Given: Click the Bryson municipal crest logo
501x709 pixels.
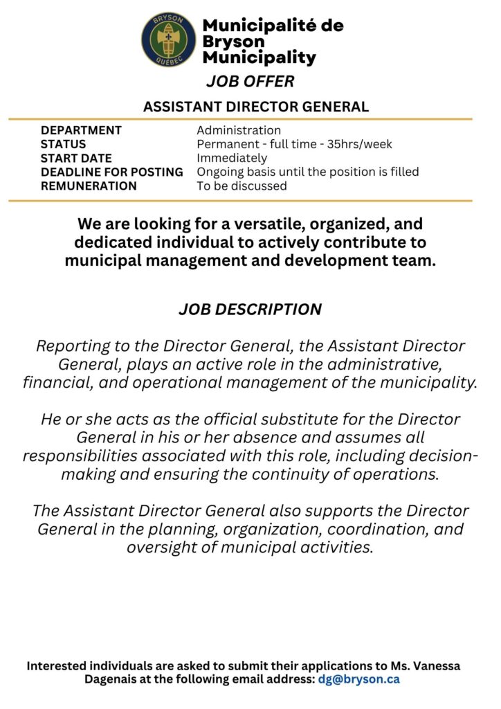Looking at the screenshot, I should coord(168,40).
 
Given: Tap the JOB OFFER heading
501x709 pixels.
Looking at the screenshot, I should coord(250,82).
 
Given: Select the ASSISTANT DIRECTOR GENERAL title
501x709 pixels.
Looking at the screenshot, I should coord(255,107).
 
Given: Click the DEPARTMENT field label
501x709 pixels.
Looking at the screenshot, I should coord(81,130).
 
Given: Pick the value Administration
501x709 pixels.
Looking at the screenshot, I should coord(239,130).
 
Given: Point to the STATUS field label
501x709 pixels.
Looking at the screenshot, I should coord(63,144).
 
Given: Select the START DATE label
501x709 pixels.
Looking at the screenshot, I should coord(76,158).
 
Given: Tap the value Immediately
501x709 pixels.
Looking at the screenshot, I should coord(232,158).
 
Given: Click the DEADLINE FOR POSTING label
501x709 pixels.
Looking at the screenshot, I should coord(112,172).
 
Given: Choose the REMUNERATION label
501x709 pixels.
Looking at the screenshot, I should coord(89,186).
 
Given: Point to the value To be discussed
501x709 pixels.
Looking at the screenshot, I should coord(242,186).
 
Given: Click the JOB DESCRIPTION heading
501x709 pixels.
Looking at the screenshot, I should coord(250,309).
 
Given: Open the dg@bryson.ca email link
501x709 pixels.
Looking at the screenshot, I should coord(358,679).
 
